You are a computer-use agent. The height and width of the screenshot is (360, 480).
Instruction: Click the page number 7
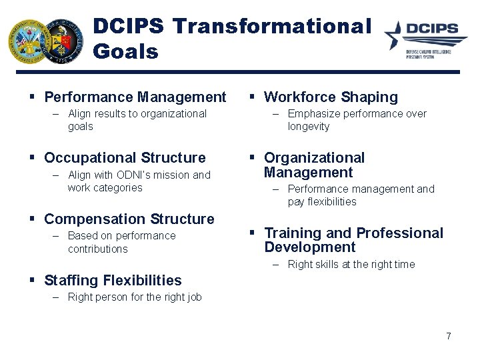(449, 336)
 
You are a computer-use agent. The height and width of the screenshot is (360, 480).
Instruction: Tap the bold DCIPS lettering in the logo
(431, 29)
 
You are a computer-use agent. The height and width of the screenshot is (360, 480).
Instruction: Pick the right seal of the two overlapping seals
(63, 41)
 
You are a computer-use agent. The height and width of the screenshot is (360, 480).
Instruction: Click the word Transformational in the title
(271, 26)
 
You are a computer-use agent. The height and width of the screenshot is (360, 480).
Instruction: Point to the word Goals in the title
(126, 51)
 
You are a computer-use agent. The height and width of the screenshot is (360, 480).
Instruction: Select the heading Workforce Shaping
(331, 97)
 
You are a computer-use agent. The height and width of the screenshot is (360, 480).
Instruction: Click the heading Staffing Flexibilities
(113, 281)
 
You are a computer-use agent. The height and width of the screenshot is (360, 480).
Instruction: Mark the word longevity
(308, 127)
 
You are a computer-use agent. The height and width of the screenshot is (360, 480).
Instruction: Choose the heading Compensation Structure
(129, 219)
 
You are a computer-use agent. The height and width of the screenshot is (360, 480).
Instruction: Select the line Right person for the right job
(134, 297)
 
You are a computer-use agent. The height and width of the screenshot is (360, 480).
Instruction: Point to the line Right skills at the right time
(351, 265)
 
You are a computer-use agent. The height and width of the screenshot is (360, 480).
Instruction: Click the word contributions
(97, 249)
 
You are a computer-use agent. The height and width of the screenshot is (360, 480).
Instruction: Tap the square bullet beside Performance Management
(32, 97)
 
